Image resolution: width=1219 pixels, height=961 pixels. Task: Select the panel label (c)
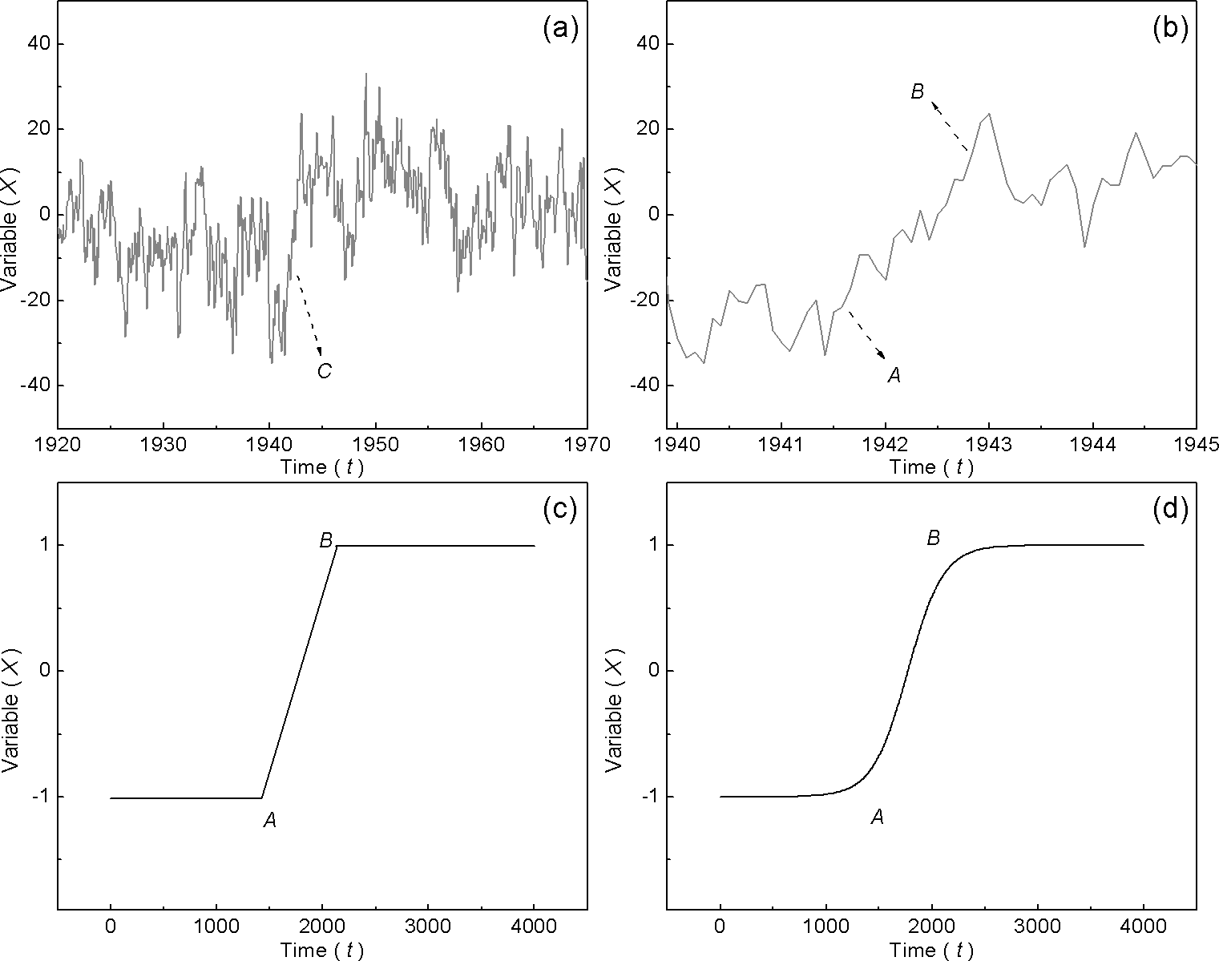click(559, 511)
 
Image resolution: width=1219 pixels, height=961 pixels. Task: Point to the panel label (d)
click(1169, 511)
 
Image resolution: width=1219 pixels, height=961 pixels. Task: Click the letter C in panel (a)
click(324, 371)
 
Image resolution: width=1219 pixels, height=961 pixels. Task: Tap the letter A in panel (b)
click(894, 375)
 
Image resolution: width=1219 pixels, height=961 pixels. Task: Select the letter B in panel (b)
click(918, 91)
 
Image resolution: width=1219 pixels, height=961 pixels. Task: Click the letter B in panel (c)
click(326, 541)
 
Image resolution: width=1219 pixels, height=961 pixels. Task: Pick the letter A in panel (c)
click(270, 821)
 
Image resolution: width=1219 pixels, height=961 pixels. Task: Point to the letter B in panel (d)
click(934, 539)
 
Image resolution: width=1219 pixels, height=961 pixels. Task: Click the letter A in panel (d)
click(878, 818)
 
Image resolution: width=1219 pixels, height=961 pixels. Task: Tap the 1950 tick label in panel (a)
click(375, 444)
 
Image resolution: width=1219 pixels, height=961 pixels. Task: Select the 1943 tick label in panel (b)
click(989, 444)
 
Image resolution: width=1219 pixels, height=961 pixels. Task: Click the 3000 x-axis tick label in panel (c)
click(428, 927)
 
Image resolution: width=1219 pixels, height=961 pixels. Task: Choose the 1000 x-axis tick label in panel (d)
click(826, 927)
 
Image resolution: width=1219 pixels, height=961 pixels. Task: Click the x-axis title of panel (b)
click(931, 467)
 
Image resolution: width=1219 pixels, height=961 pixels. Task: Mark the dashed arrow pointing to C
click(309, 315)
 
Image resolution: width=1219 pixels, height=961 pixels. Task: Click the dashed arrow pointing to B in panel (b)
click(949, 127)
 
